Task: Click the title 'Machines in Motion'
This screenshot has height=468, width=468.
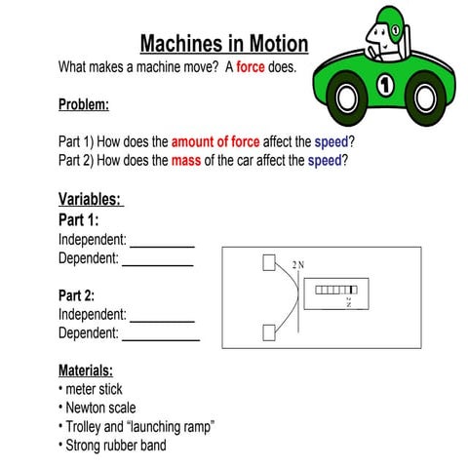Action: click(223, 44)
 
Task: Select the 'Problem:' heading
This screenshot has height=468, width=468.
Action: click(84, 104)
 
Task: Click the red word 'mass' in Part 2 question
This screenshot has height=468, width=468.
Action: click(185, 160)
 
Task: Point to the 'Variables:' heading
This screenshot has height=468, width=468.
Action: click(90, 200)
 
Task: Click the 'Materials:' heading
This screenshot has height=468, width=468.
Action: click(86, 370)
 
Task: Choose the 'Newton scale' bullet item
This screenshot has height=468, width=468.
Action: click(100, 408)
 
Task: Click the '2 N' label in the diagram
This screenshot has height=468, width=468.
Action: click(298, 265)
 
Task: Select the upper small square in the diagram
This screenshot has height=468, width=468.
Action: click(269, 263)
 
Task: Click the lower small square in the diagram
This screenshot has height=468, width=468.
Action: click(269, 332)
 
